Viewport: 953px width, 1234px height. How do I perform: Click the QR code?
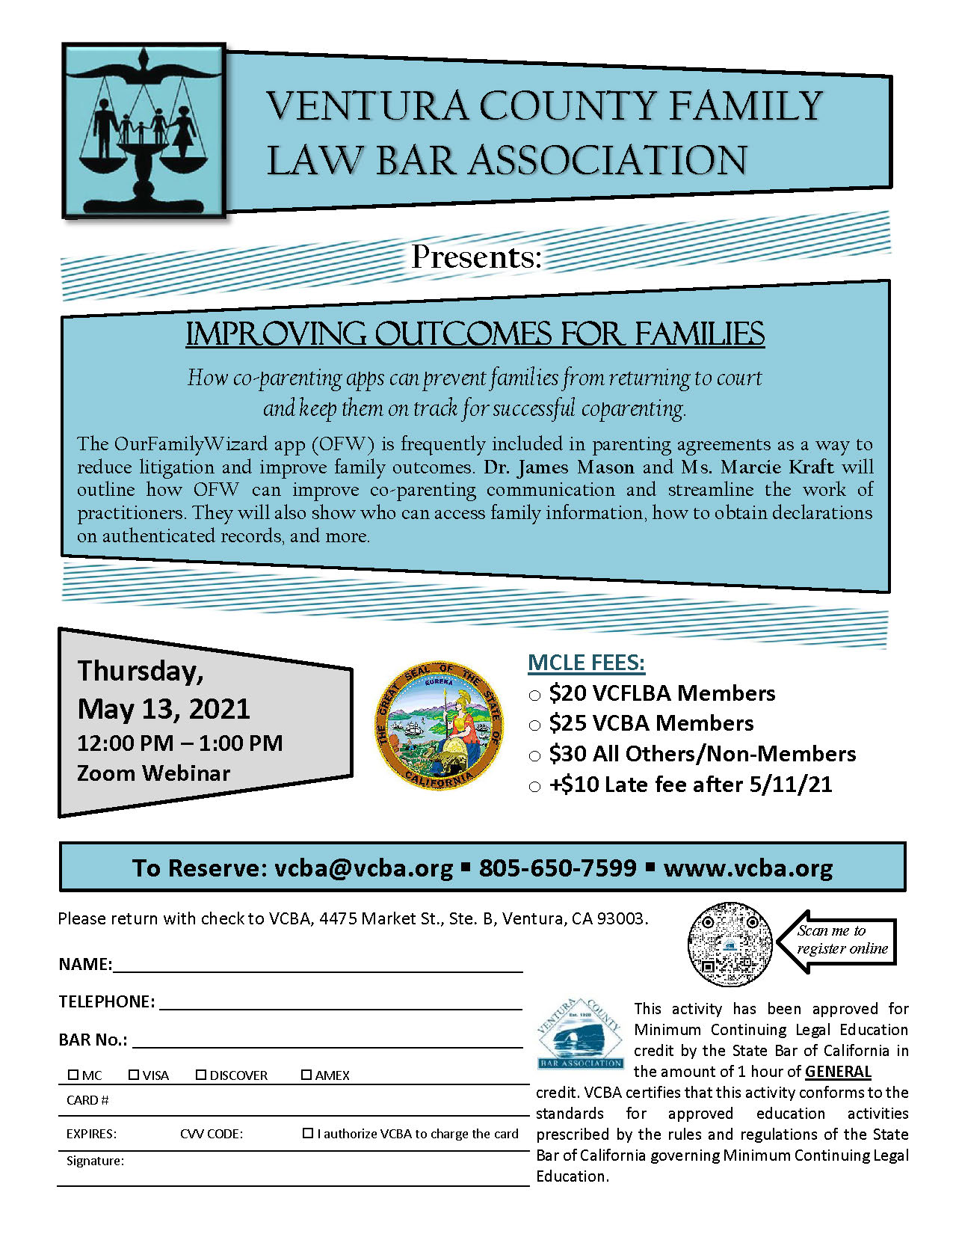(730, 943)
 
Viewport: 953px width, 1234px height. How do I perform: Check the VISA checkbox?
(134, 1075)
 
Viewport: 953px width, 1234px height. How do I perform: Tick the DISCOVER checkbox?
(201, 1075)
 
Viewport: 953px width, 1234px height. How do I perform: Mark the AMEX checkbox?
(306, 1075)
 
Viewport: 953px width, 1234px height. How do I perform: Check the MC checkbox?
(73, 1075)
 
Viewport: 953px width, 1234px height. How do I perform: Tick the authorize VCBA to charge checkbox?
(307, 1133)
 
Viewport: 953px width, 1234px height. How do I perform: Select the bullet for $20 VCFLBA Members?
(534, 695)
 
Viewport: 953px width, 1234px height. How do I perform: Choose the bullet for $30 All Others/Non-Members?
(534, 755)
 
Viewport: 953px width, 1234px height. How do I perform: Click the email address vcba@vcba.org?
(363, 868)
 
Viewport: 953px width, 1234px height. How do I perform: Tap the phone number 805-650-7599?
(558, 868)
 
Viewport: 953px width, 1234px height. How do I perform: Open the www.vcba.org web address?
(747, 868)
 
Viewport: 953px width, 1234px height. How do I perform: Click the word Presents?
(476, 257)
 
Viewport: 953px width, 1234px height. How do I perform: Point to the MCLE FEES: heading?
(586, 663)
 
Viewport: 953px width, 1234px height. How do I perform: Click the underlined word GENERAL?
(838, 1071)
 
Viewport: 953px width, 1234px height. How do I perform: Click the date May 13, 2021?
(164, 708)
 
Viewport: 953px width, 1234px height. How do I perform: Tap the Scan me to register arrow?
(837, 940)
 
